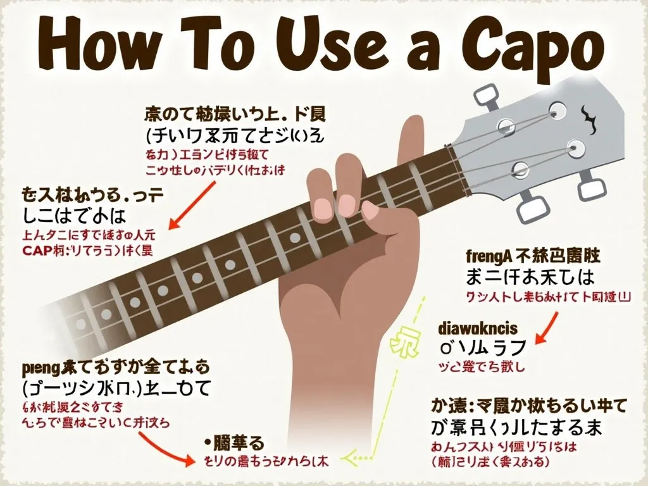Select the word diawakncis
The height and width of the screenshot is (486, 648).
tap(478, 328)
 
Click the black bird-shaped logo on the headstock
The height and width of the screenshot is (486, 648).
tap(589, 116)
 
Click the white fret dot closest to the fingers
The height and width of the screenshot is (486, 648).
tap(294, 237)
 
